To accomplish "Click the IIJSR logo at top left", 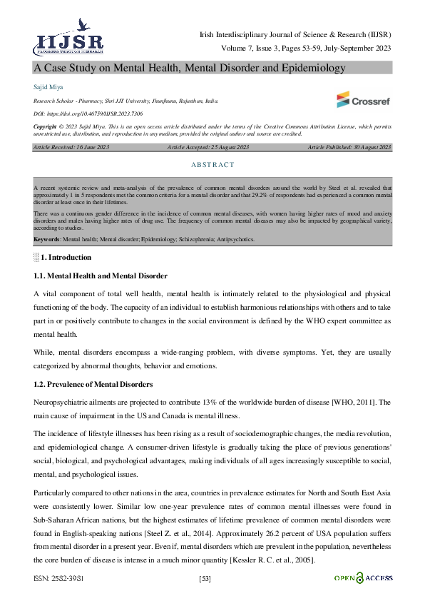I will point(68,39).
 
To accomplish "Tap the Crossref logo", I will point(363,99).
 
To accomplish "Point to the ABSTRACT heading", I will point(212,165).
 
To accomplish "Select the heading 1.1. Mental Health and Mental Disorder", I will point(101,276).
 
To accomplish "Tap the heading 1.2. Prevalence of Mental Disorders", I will point(92,385).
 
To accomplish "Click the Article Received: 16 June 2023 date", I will point(71,147).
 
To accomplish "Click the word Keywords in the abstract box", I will point(47,239).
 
